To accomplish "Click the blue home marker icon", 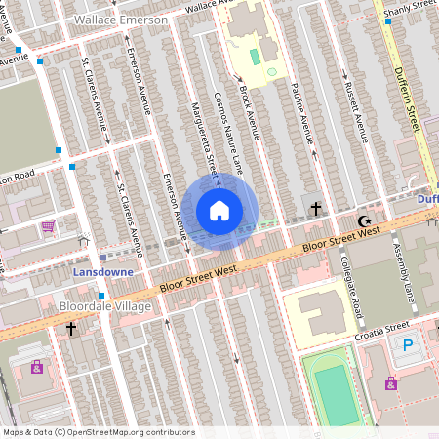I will (x=219, y=211).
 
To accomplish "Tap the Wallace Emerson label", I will (x=121, y=20).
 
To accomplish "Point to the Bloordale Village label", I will (x=105, y=307).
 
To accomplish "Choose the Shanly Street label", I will (x=410, y=9).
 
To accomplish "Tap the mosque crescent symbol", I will (x=366, y=221).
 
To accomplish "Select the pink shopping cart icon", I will (x=48, y=226).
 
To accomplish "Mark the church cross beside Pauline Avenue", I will (x=315, y=208).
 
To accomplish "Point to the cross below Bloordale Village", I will (x=71, y=330).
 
